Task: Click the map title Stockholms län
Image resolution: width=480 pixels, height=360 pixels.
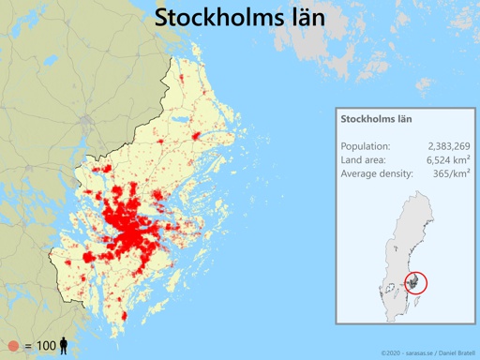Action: coord(240,18)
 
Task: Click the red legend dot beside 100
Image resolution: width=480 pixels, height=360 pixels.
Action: coord(13,346)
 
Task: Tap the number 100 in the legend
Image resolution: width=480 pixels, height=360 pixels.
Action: coord(46,346)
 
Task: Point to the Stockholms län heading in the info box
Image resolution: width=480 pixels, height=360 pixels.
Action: coord(376,120)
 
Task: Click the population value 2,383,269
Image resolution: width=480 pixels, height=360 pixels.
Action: coord(448,146)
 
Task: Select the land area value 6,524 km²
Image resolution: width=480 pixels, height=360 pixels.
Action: coord(448,159)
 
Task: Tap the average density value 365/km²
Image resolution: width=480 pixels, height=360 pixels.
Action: coord(449,173)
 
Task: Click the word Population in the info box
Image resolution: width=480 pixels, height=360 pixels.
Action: coord(366,146)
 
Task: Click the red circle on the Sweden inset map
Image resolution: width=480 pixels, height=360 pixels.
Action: coord(412,283)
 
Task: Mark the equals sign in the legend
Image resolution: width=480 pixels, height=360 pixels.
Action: coord(28,347)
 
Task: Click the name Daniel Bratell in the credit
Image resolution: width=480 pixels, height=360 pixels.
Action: coord(455,352)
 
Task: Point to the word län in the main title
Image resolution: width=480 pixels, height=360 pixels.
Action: coord(302,18)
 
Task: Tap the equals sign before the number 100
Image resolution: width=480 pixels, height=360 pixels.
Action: coord(28,347)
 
